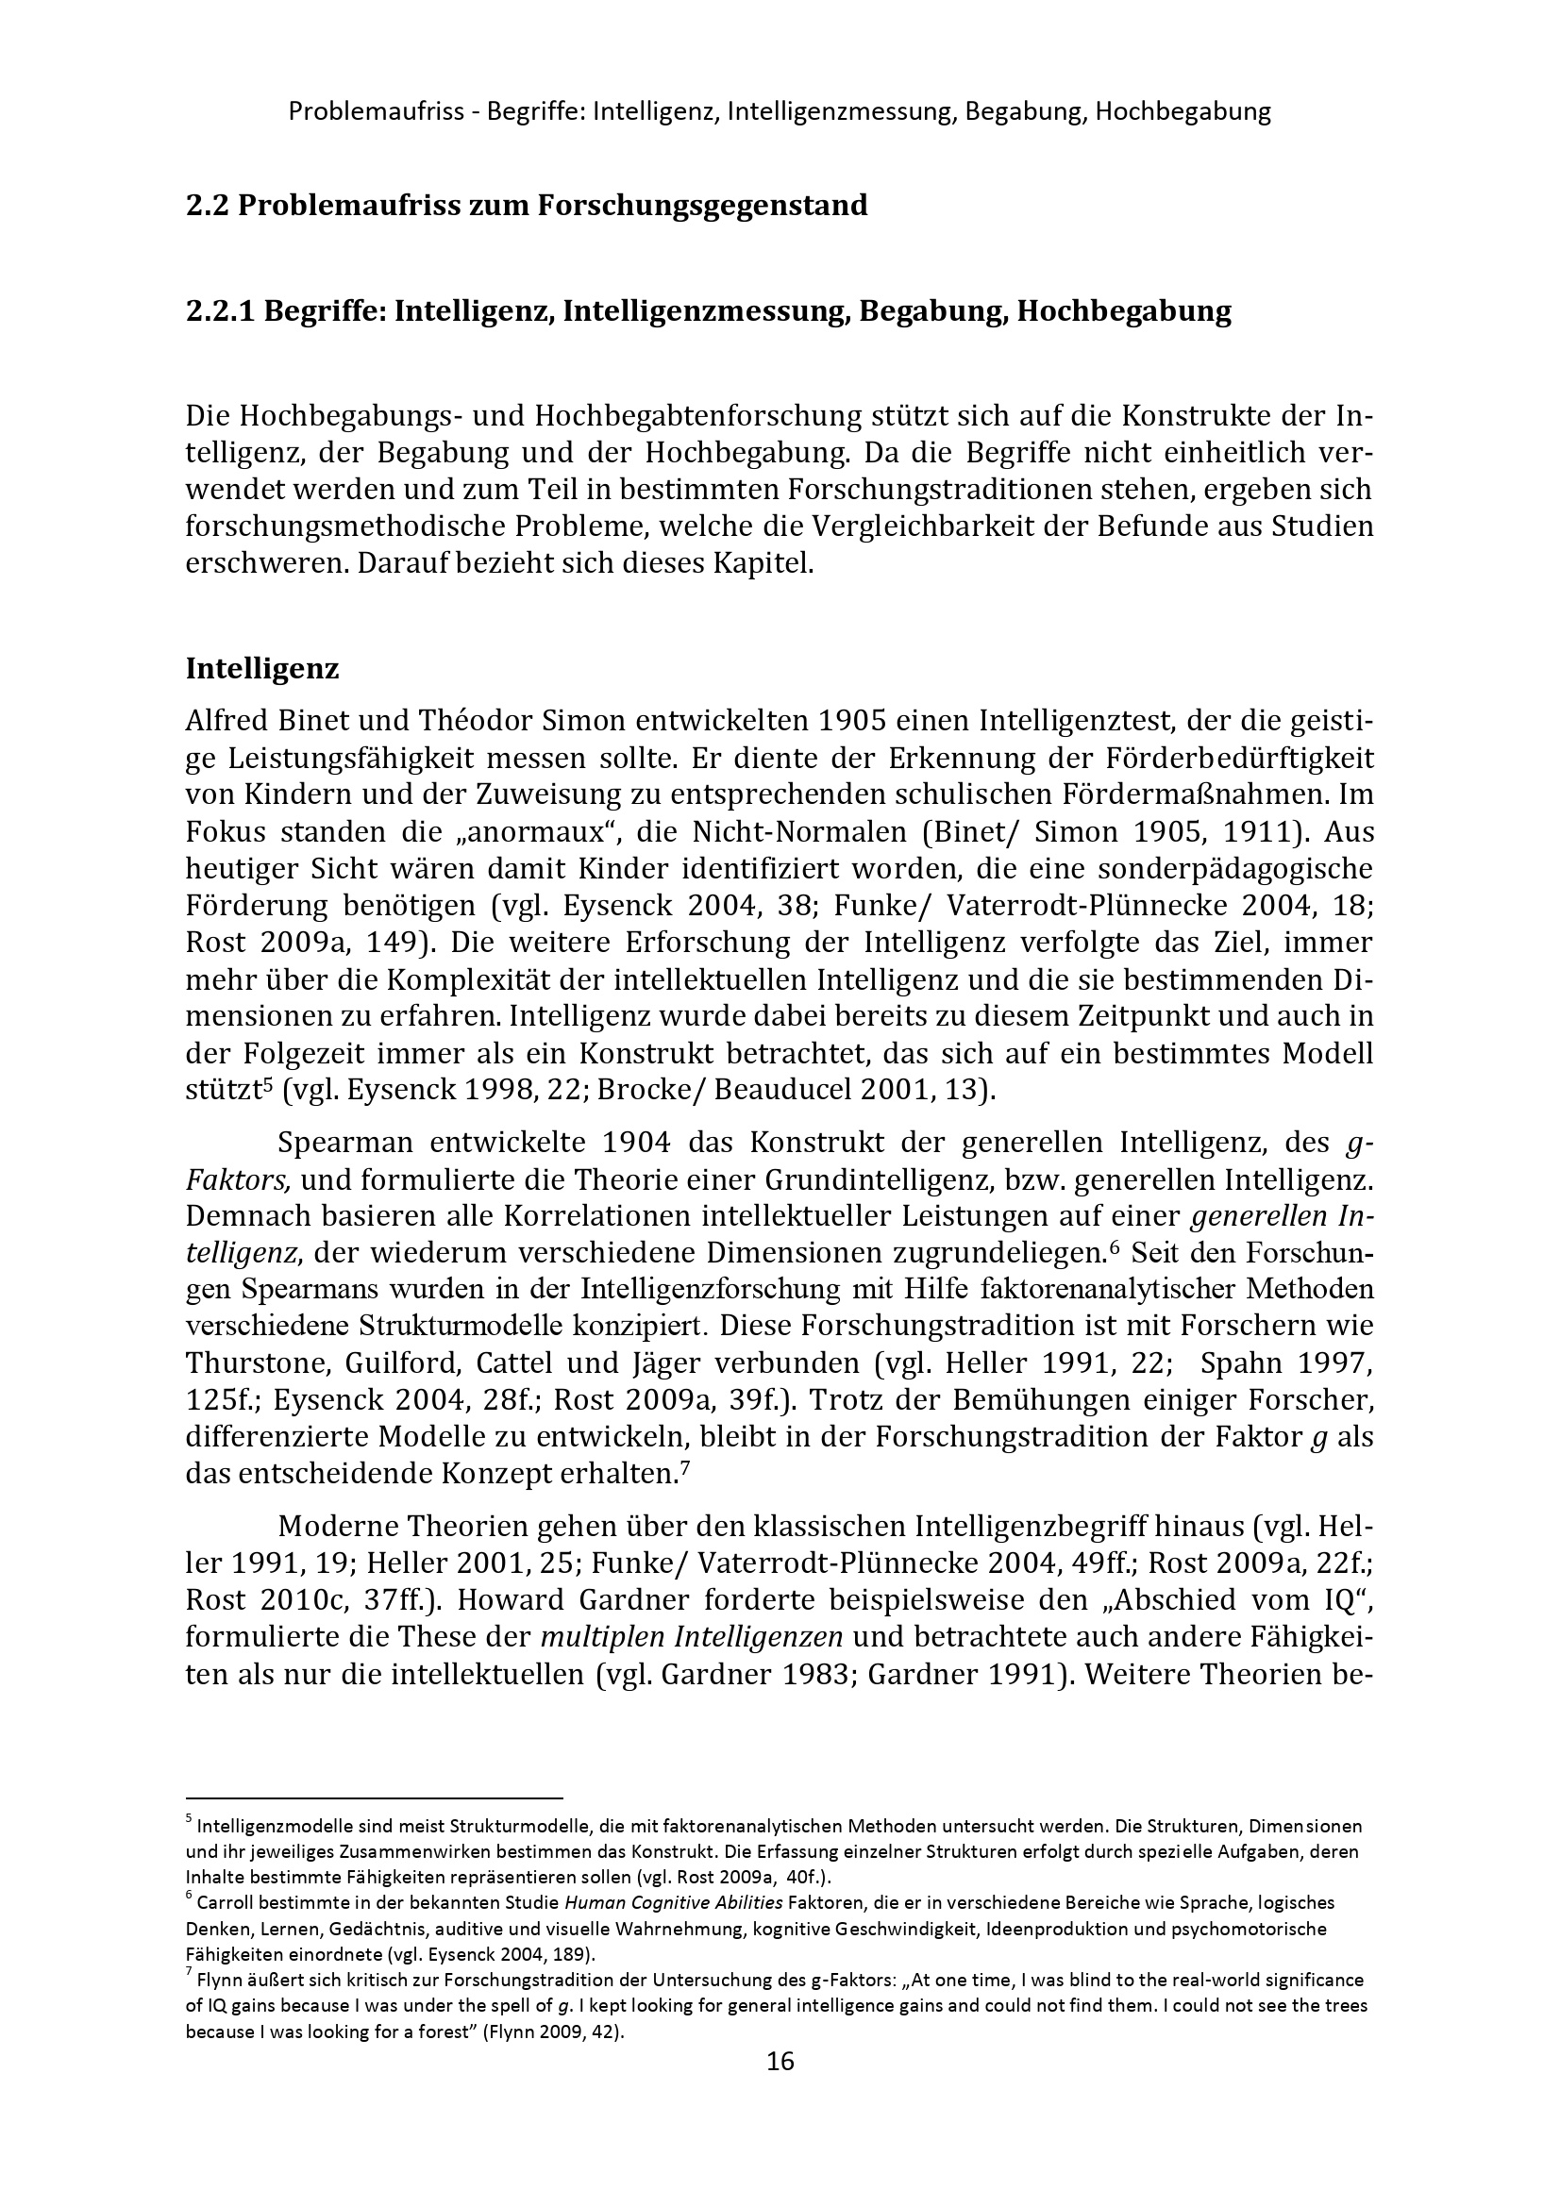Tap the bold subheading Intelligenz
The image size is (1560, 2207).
tap(261, 669)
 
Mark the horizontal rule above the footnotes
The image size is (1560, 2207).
tap(373, 1796)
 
